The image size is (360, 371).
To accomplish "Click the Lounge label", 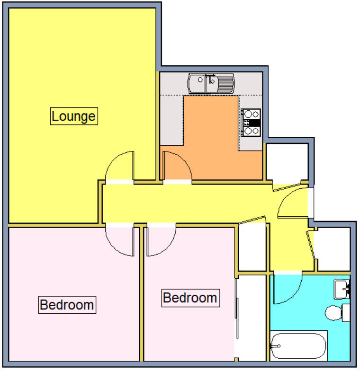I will pyautogui.click(x=74, y=116).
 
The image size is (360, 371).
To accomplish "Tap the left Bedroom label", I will pyautogui.click(x=67, y=304).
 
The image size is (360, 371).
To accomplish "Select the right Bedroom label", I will pyautogui.click(x=190, y=298).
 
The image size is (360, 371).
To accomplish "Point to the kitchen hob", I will pyautogui.click(x=251, y=123).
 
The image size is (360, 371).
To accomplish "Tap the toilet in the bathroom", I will pyautogui.click(x=337, y=312).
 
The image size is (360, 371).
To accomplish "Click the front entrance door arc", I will pyautogui.click(x=292, y=203).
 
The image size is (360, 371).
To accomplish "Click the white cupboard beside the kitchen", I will pyautogui.click(x=287, y=161).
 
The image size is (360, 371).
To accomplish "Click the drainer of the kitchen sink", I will pyautogui.click(x=225, y=84).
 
